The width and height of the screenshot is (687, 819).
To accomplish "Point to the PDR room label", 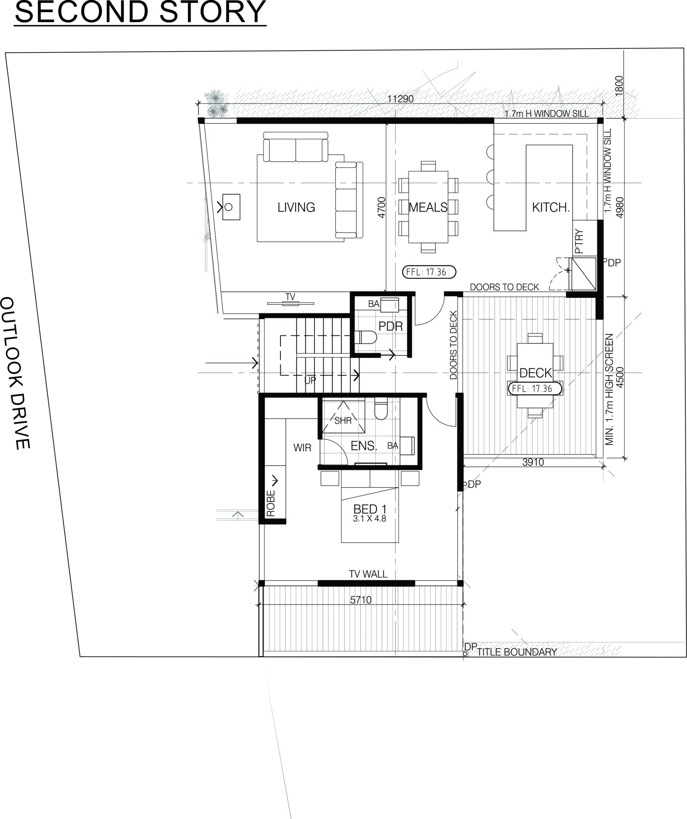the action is click(390, 326).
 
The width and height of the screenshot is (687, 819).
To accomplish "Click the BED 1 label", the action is click(370, 509).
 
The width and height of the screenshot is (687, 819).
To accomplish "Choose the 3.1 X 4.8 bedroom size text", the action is click(370, 519).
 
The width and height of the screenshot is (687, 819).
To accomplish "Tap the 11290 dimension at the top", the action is click(400, 99).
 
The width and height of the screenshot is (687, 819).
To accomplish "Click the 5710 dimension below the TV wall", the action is click(361, 600).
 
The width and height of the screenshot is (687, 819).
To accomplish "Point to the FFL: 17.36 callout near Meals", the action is click(429, 272).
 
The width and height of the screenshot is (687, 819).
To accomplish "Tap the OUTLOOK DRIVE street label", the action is click(16, 373).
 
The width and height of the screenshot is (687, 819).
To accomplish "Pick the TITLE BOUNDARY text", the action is click(517, 652).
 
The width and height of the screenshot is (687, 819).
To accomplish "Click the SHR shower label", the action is click(343, 420).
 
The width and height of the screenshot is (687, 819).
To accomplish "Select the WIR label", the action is click(302, 448).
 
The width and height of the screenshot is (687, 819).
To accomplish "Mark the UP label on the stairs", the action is click(310, 380).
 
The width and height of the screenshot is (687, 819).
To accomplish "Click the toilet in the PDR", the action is click(365, 337).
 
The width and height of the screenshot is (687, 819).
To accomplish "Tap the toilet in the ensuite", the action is click(381, 408).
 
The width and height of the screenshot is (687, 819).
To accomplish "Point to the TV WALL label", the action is click(368, 574).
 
